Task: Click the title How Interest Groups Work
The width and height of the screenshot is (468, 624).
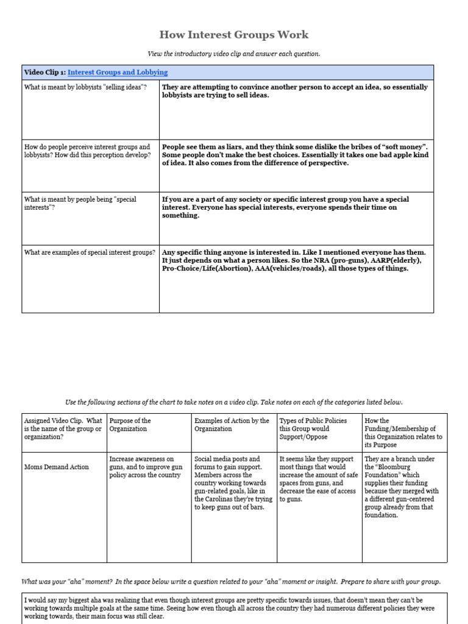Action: [234, 35]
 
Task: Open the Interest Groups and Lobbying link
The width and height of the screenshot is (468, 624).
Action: [118, 73]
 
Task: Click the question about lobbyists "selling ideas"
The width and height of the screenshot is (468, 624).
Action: [85, 87]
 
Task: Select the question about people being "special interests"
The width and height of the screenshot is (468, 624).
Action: [80, 204]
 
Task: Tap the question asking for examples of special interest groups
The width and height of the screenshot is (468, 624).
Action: [90, 252]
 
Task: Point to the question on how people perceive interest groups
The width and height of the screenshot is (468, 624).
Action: [87, 151]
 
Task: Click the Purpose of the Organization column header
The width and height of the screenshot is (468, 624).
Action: [130, 425]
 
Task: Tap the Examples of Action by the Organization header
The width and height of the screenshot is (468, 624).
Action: [232, 425]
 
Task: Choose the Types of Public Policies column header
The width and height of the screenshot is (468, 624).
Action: [313, 428]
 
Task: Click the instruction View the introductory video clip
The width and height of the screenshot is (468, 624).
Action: [234, 54]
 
